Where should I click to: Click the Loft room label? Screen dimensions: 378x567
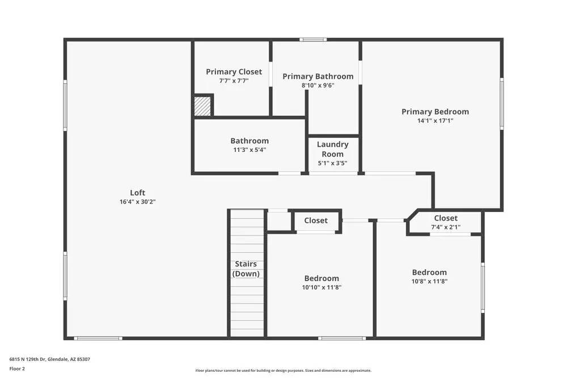[137, 193]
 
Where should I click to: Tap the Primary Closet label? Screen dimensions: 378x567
[234, 71]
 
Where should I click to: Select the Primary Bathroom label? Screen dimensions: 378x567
[318, 77]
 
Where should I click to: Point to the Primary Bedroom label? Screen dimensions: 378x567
[435, 112]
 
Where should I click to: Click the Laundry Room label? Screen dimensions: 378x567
[332, 149]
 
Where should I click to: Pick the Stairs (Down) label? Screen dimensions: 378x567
[246, 269]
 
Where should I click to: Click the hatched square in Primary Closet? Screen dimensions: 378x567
[202, 106]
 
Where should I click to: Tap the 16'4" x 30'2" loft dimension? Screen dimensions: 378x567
[137, 202]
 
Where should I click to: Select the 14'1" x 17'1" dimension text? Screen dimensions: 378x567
[435, 121]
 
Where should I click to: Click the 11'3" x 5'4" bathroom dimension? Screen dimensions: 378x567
[249, 150]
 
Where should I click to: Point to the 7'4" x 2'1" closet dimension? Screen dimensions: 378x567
[445, 227]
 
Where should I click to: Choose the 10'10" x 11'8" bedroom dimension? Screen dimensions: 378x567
[321, 287]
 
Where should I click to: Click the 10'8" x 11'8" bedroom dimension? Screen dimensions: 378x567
[429, 281]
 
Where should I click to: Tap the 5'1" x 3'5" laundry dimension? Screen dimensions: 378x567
[332, 163]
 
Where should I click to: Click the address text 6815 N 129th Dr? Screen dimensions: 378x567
[49, 359]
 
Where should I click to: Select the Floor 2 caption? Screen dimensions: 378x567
[17, 369]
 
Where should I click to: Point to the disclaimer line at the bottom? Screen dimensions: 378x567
[283, 371]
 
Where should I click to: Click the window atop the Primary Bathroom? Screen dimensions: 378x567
[313, 40]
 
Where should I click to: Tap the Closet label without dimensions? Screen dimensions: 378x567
[316, 220]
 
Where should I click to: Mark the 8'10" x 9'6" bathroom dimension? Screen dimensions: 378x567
[318, 86]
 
